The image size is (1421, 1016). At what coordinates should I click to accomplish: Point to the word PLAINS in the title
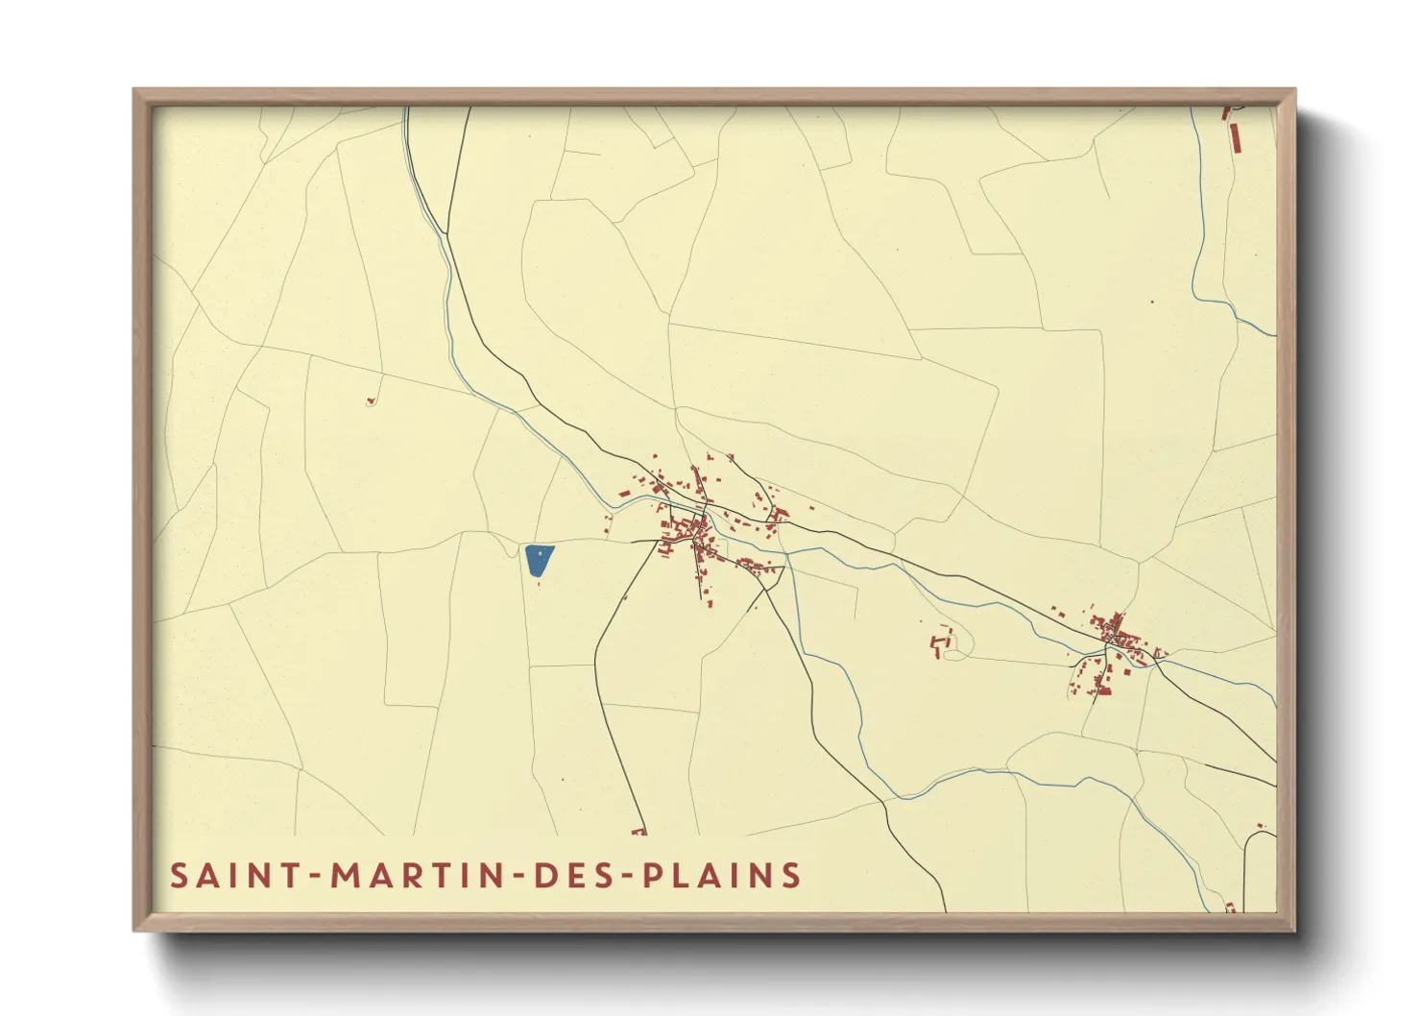point(722,876)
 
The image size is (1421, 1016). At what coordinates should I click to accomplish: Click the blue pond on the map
point(539,560)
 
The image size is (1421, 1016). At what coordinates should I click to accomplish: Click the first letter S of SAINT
point(179,876)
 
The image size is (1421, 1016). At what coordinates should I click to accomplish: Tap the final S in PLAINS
point(791,876)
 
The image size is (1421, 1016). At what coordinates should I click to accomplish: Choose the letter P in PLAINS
point(652,876)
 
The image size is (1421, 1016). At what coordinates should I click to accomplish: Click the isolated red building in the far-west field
point(371,400)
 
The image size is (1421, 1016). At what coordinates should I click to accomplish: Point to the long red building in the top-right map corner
point(1235,136)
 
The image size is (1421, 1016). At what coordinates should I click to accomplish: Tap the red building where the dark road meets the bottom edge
point(638,831)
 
